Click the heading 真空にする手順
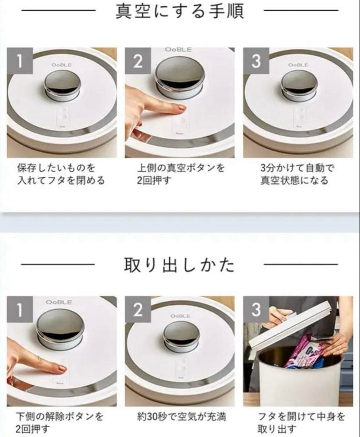[x=180, y=11]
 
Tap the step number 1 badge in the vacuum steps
[x=19, y=62]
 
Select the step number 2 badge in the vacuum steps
[x=138, y=62]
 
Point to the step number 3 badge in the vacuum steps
[x=256, y=62]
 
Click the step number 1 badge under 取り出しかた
[x=19, y=310]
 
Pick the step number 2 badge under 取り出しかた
[x=138, y=310]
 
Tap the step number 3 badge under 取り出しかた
[x=256, y=310]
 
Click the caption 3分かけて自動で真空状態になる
[x=294, y=174]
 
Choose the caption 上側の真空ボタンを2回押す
[x=180, y=174]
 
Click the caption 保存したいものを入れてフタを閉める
[x=61, y=174]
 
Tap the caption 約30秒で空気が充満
[x=181, y=416]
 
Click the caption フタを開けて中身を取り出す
[x=301, y=422]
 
